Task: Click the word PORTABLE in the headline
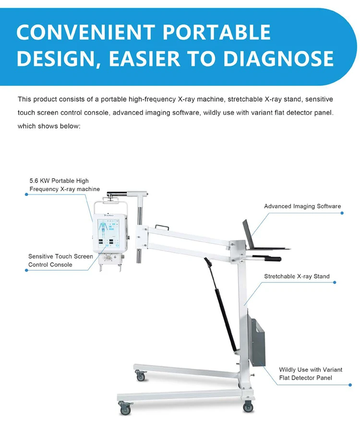point(216,32)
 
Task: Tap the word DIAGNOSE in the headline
point(278,59)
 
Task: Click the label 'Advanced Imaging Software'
point(302,206)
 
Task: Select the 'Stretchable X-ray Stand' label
point(297,276)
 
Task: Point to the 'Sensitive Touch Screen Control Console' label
point(60,260)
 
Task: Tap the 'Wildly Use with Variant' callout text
point(311,370)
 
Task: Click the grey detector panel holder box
point(257,342)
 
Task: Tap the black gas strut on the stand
point(221,304)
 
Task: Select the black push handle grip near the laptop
point(273,259)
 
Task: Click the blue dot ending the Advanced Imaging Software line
point(342,213)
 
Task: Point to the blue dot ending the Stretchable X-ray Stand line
point(335,282)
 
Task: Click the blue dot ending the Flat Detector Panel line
point(350,385)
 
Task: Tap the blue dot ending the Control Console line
point(26,270)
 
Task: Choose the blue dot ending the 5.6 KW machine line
point(26,194)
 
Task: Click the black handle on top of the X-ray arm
point(117,193)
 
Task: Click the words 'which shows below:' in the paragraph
point(49,126)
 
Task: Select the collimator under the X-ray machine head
point(110,261)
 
